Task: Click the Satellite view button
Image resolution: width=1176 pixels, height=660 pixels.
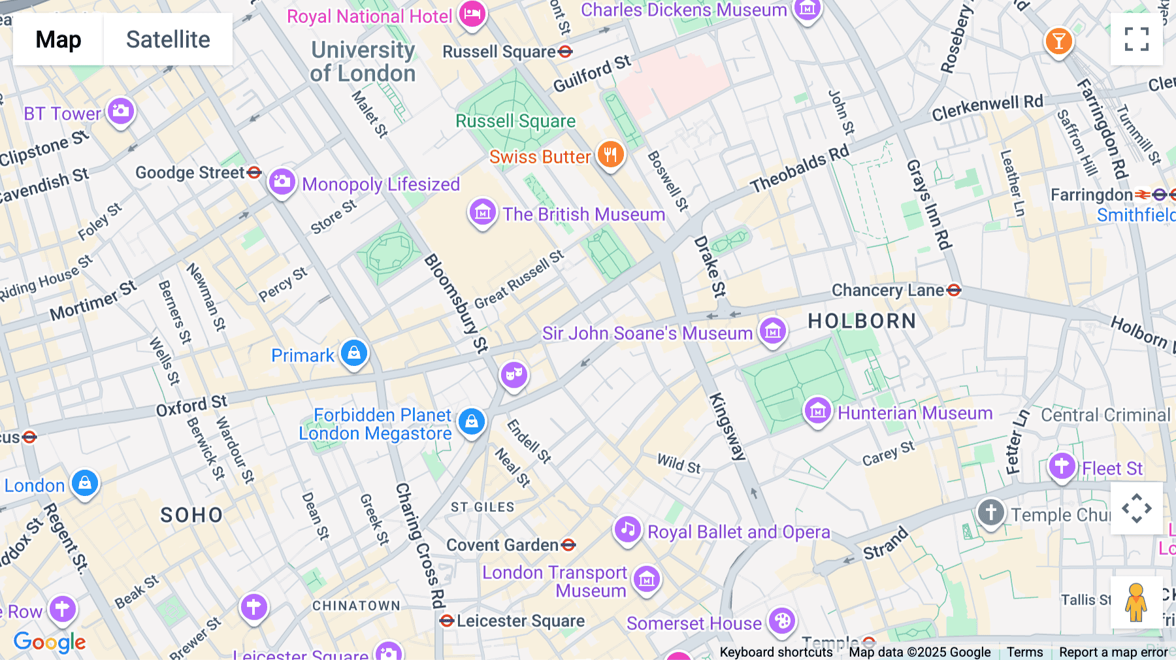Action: point(168,39)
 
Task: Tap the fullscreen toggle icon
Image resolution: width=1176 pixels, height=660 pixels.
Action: point(1136,39)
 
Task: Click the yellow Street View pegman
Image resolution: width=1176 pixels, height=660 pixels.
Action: point(1136,602)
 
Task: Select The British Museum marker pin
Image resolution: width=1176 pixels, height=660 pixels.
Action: point(483,212)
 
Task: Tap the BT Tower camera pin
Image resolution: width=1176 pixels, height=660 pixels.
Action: point(121,112)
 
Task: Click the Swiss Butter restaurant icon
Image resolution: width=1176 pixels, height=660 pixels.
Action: point(610,156)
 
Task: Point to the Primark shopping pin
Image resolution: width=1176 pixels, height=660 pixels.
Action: point(354,354)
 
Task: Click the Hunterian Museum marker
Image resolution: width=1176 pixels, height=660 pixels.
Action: point(817,412)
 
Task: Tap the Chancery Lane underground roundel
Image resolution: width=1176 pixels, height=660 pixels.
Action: point(954,290)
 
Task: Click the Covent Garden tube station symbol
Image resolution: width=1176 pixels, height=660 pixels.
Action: point(568,544)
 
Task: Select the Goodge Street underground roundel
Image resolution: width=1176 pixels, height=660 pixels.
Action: point(255,173)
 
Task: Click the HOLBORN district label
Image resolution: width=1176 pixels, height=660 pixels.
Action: point(862,321)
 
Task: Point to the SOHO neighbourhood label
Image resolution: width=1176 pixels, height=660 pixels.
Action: point(191,515)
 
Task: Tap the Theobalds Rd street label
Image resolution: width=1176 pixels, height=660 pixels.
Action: point(800,169)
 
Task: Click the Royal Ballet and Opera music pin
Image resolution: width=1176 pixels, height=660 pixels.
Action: point(628,529)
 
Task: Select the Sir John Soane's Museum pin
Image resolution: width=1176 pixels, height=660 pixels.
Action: point(773,331)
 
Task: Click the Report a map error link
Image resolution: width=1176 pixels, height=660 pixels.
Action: point(1113,652)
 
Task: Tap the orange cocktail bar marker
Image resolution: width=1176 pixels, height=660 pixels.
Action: point(1058,42)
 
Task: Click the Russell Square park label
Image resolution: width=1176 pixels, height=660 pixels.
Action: point(515,121)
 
